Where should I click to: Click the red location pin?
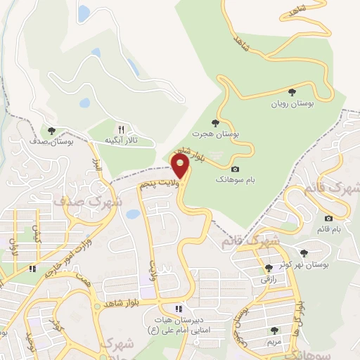181,167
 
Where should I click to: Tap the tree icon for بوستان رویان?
292,92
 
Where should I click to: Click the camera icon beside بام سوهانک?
235,169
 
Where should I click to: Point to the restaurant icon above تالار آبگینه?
121,129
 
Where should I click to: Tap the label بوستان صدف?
67,141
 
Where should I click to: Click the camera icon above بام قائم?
328,219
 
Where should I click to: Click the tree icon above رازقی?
268,268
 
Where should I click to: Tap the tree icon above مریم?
274,330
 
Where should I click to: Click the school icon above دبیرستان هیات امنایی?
179,308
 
